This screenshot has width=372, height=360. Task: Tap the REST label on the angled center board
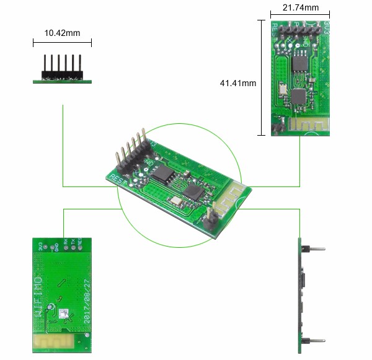click(117, 179)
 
